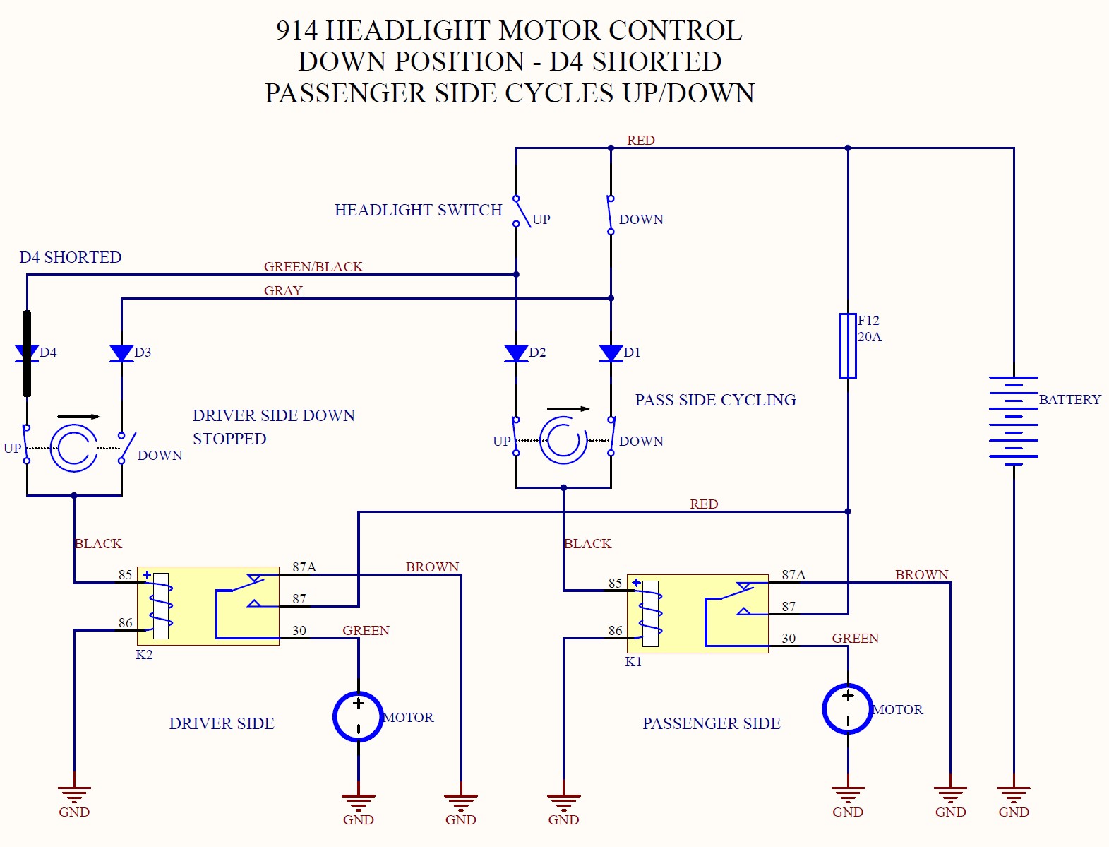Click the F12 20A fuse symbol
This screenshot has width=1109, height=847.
click(847, 345)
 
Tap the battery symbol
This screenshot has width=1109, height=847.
click(1013, 417)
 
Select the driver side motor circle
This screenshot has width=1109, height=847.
click(358, 716)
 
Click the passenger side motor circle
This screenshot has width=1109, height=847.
click(847, 709)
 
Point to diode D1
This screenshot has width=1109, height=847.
click(611, 353)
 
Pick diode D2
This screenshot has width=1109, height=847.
click(516, 353)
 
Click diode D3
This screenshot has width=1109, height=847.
click(121, 353)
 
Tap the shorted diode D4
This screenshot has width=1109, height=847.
click(27, 353)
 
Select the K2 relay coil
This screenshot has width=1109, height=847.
click(161, 605)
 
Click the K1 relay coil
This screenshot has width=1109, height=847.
click(650, 613)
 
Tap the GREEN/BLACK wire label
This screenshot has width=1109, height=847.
click(313, 266)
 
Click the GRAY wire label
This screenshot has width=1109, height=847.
click(282, 290)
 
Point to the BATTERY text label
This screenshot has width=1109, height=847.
click(1069, 399)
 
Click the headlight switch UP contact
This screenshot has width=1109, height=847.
click(521, 211)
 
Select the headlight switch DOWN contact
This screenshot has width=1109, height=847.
click(611, 215)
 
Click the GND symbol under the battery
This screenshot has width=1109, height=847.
click(1013, 795)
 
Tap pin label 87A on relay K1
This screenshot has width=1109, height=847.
click(793, 574)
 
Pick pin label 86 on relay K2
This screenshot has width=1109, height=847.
click(125, 622)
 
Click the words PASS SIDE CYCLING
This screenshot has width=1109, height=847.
click(715, 400)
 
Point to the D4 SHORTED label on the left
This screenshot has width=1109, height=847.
click(70, 257)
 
